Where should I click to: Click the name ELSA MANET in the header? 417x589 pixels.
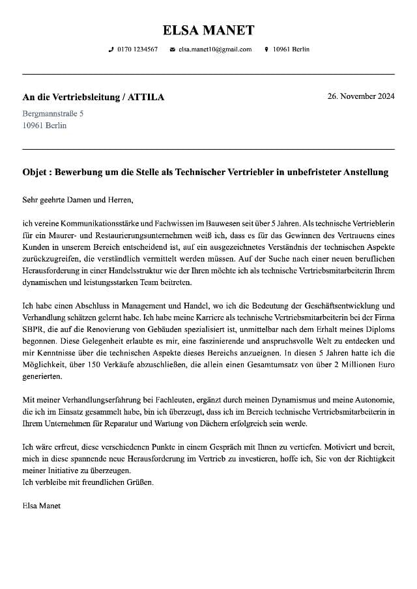pos(208,30)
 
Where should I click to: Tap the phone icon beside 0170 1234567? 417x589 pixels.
pos(111,49)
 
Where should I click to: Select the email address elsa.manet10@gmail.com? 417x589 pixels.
pos(215,49)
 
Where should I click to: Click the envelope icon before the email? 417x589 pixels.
pos(172,49)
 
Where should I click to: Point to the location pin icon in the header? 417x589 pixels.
pos(266,49)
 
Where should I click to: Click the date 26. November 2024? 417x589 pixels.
pos(360,96)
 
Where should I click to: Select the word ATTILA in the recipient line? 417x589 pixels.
pos(146,98)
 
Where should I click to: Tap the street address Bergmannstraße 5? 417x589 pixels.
pos(53,113)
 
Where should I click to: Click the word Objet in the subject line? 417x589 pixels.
pos(35,172)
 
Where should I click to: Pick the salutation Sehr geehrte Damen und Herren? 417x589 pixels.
pos(78,199)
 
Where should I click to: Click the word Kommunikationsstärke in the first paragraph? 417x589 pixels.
pos(98,223)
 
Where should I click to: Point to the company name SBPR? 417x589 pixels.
pos(33,329)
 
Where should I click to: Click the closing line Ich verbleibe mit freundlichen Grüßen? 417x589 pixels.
pos(87,482)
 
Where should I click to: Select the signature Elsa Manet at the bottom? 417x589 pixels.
pos(41,505)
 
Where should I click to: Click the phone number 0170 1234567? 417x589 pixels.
pos(137,49)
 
